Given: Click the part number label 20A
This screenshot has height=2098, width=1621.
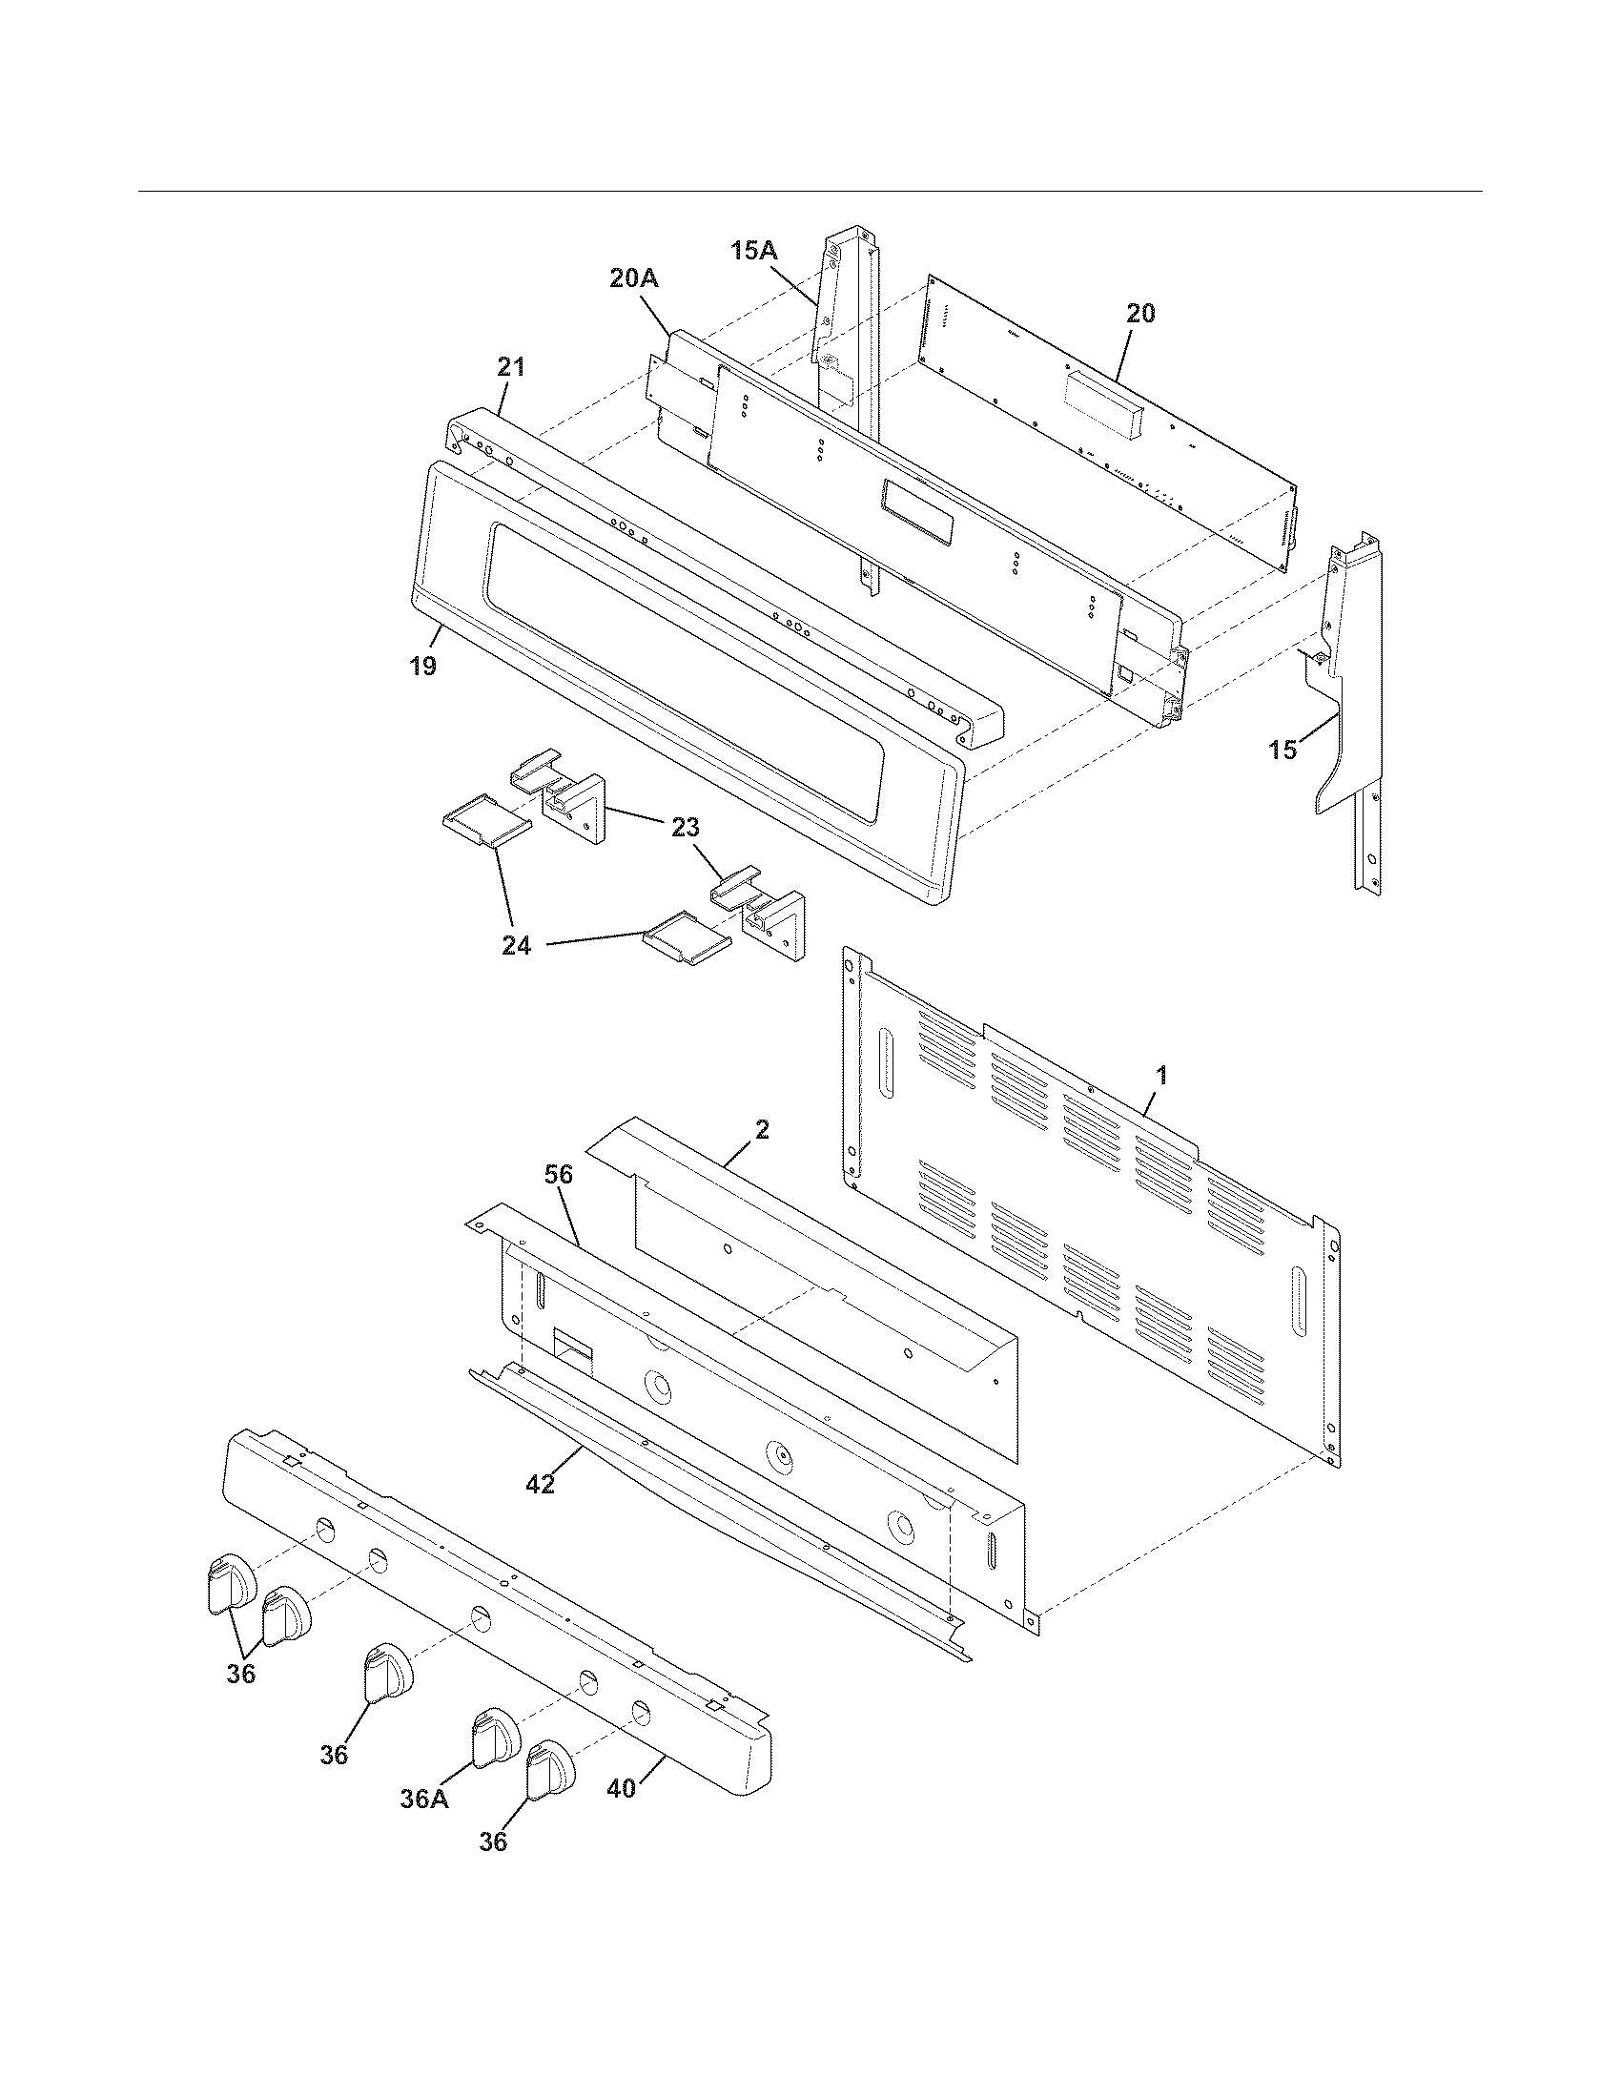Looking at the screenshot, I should pyautogui.click(x=633, y=278).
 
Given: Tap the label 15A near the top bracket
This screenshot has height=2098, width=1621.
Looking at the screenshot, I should pyautogui.click(x=753, y=251).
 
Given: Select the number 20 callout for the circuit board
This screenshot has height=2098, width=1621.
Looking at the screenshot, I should pyautogui.click(x=1140, y=313).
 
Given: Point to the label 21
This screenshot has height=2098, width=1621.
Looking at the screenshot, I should pyautogui.click(x=511, y=366).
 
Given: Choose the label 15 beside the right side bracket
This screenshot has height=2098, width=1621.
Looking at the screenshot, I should pyautogui.click(x=1282, y=751).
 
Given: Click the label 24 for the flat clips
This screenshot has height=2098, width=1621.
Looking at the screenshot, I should pyautogui.click(x=516, y=946).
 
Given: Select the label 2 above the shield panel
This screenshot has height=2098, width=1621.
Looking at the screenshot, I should pyautogui.click(x=762, y=1130).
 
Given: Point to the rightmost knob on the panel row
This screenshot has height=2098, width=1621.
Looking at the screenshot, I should pyautogui.click(x=548, y=1766).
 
